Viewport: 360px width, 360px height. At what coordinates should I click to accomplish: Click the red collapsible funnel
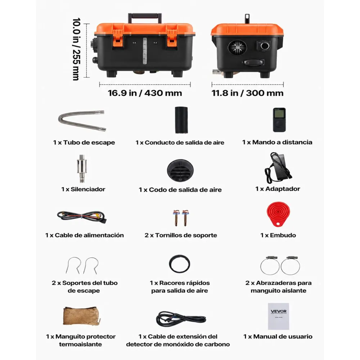click(x=278, y=214)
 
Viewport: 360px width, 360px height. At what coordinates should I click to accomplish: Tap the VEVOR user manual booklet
click(x=279, y=316)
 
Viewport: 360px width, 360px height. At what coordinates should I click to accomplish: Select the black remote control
click(x=279, y=120)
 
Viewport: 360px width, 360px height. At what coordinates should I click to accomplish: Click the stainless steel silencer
click(x=81, y=167)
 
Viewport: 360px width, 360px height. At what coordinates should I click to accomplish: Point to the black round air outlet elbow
click(x=180, y=171)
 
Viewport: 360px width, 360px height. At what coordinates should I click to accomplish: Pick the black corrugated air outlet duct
click(x=181, y=120)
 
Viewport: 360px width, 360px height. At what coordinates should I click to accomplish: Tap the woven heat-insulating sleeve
click(x=81, y=316)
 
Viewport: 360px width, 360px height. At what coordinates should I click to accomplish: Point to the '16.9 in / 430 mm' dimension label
click(x=145, y=93)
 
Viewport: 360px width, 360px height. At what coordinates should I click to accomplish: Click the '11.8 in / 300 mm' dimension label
click(x=248, y=93)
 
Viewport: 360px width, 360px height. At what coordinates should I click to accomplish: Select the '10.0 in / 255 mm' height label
click(x=76, y=49)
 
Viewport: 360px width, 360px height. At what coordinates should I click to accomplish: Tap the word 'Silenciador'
click(x=88, y=189)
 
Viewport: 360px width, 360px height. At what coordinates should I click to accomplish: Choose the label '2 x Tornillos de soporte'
click(x=181, y=235)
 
